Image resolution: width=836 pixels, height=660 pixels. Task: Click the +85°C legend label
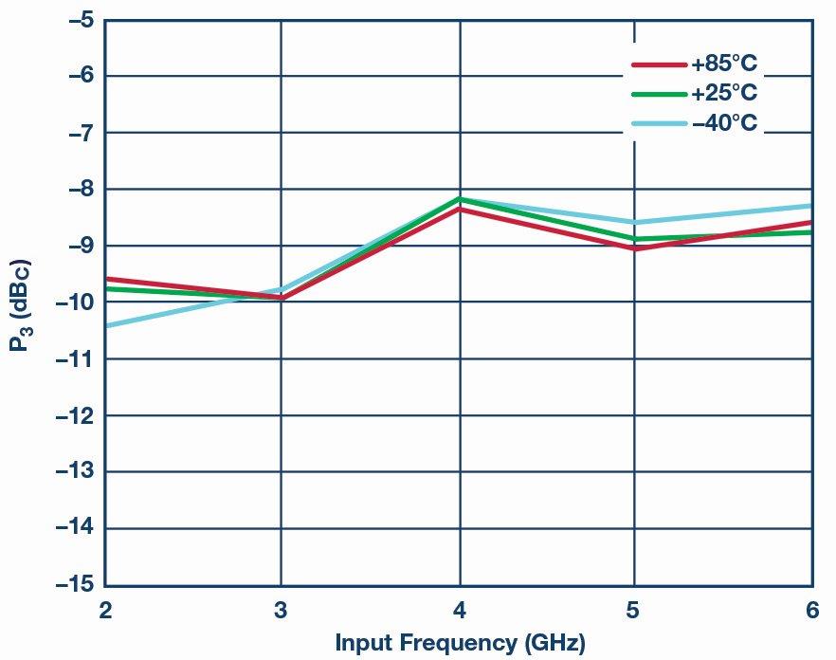coord(724,64)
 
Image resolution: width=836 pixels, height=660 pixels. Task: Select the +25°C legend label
coord(724,94)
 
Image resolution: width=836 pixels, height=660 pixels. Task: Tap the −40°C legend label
coord(724,123)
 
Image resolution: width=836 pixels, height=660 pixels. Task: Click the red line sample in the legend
coord(659,64)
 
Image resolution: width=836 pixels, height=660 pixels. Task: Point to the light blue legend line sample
coord(659,123)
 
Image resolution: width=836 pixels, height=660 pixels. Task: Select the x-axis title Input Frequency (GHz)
coord(460,643)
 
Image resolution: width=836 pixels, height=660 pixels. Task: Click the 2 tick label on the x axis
coord(105,611)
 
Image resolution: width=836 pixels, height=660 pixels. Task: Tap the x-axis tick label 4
coord(460,611)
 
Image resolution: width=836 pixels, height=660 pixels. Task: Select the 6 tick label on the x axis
coord(812,611)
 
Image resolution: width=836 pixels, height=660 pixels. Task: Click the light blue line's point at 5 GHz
coord(634,223)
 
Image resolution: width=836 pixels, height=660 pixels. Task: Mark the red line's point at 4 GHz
coord(460,208)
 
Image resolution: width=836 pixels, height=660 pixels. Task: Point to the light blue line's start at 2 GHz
coord(106,325)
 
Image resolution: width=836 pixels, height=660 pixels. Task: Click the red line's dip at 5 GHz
coord(634,248)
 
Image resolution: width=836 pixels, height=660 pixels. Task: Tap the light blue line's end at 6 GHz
coord(810,206)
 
